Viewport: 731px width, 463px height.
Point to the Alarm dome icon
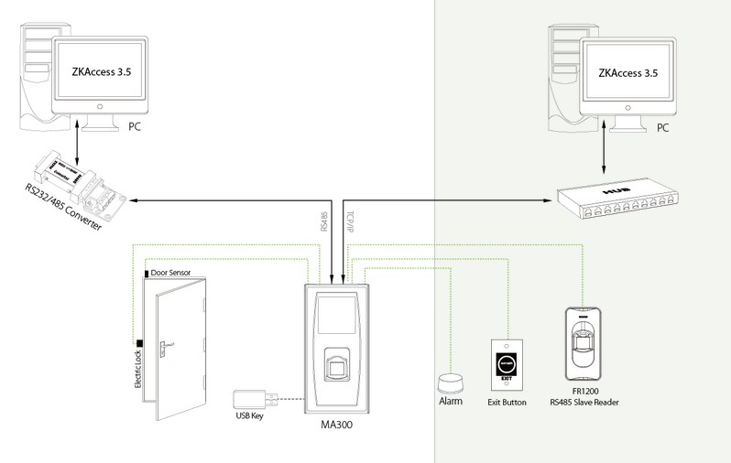point(451,382)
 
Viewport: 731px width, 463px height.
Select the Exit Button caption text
point(507,403)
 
